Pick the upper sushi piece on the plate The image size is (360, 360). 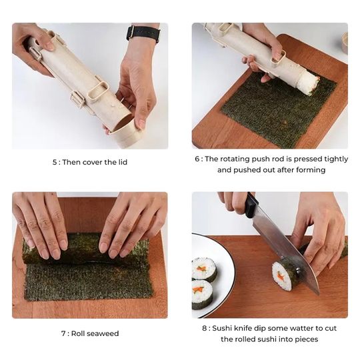click(204, 269)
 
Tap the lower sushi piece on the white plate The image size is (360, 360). click(202, 293)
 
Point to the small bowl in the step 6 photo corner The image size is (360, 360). click(345, 43)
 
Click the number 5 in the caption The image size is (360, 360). click(55, 162)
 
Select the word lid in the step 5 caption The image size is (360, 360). click(120, 162)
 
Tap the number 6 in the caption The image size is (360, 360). click(198, 159)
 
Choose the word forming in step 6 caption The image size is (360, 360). click(311, 170)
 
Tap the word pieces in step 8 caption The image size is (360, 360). click(304, 339)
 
